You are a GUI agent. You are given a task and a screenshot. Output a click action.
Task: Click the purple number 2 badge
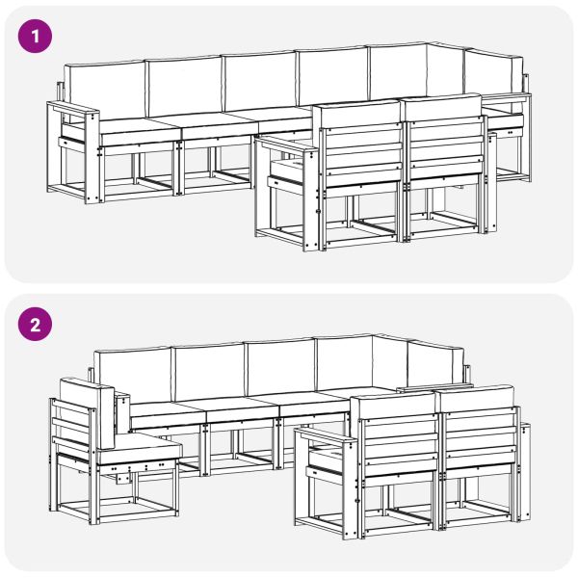pos(35,325)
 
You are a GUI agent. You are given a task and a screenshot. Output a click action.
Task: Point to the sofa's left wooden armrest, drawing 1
pos(73,108)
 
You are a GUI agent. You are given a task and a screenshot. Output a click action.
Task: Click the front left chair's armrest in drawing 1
pos(286,143)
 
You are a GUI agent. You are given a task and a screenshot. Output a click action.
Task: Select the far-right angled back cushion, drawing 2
pos(436,361)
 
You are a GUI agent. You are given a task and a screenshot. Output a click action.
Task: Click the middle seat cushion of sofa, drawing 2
pos(241,407)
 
